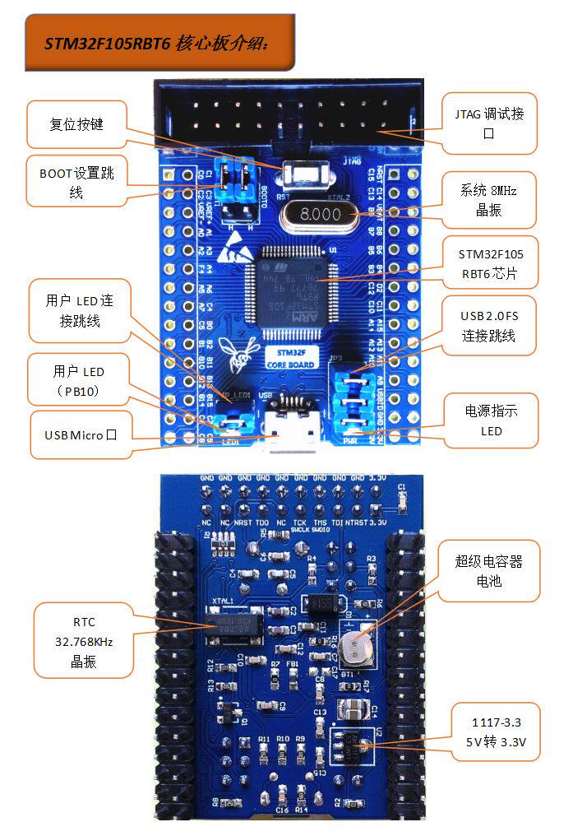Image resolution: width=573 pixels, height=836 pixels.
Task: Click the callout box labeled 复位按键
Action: tap(77, 124)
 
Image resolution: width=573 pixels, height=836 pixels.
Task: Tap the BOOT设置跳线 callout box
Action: tap(76, 181)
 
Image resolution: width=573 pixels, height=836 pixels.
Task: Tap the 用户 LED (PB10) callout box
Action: tap(77, 381)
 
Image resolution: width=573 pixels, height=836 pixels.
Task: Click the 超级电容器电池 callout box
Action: tap(488, 571)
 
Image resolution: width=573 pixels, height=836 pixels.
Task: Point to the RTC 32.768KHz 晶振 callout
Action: tap(83, 642)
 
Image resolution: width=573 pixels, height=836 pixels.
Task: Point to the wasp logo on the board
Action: tap(244, 349)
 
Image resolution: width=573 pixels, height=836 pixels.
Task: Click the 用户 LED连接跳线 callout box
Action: tap(80, 311)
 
